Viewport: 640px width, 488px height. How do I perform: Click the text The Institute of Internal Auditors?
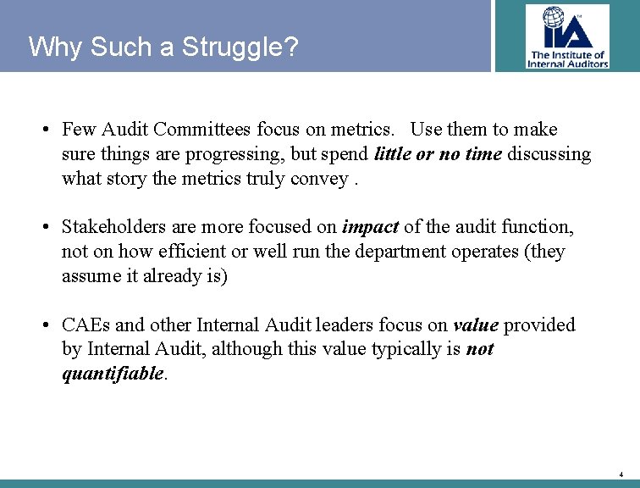tap(567, 58)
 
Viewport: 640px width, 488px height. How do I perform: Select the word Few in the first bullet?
tap(79, 130)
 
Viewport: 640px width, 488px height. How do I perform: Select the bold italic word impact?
tap(370, 227)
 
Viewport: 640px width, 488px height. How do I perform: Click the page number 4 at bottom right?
tap(621, 474)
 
